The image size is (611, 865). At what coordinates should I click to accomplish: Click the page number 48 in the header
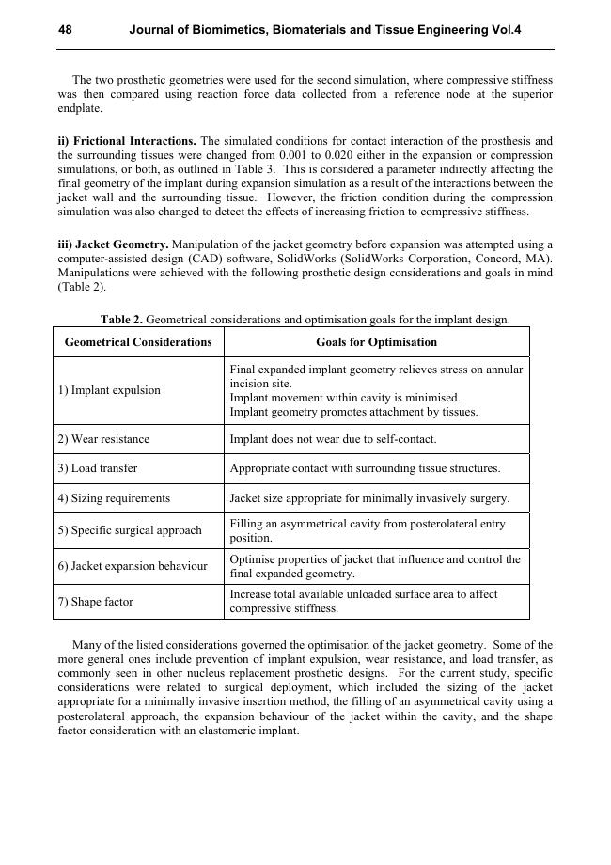[x=65, y=30]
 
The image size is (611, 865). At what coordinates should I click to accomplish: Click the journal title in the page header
[x=324, y=30]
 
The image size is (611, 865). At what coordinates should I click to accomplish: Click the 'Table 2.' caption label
[x=122, y=320]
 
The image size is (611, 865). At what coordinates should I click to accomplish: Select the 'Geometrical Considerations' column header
[x=138, y=342]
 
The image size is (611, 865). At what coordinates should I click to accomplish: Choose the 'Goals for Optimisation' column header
[x=376, y=342]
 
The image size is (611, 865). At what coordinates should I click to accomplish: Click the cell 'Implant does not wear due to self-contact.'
[x=333, y=439]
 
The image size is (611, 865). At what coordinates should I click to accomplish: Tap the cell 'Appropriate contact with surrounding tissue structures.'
[x=365, y=468]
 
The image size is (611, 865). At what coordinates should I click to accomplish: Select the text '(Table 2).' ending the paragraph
[x=82, y=287]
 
